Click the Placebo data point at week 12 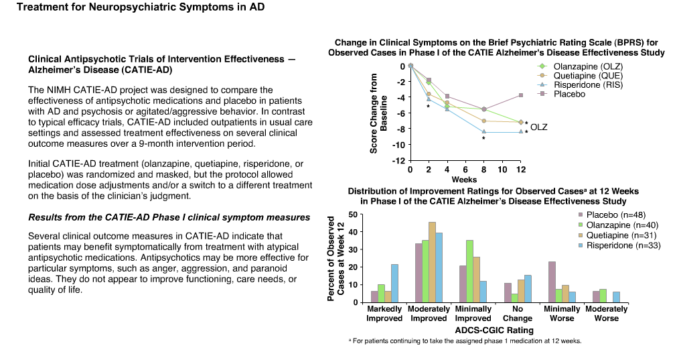(x=521, y=95)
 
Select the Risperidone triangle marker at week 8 (x=483, y=132)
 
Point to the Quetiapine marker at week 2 (x=429, y=94)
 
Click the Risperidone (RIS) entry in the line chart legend (x=580, y=85)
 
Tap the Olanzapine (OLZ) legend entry (x=580, y=66)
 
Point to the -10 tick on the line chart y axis (x=398, y=145)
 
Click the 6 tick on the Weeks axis (x=465, y=170)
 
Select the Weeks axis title (x=464, y=180)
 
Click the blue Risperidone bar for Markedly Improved (x=394, y=284)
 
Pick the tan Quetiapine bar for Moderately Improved (x=432, y=262)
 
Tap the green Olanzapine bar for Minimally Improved (x=470, y=271)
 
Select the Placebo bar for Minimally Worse (x=552, y=282)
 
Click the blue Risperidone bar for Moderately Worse (x=616, y=297)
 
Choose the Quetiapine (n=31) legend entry (x=617, y=235)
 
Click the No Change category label (x=518, y=314)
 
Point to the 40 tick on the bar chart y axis (x=354, y=232)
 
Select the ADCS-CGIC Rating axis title (x=494, y=330)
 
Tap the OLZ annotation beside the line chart (x=538, y=127)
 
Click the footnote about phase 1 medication (x=465, y=341)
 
